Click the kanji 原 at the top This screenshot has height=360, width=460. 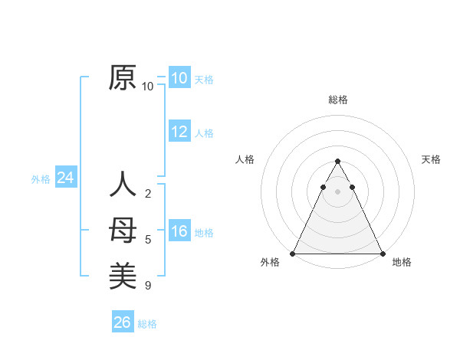click(x=123, y=78)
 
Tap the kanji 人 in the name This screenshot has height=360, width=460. click(x=123, y=185)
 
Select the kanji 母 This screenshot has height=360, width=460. click(x=123, y=231)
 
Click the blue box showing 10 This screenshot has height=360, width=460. click(x=179, y=78)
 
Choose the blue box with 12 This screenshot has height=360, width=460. click(x=179, y=132)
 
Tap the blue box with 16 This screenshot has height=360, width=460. click(x=179, y=231)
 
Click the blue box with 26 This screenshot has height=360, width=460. click(x=122, y=322)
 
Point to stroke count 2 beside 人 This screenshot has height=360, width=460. click(x=148, y=194)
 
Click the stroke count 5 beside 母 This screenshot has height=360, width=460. click(x=148, y=240)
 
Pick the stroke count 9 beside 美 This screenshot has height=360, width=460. click(x=148, y=286)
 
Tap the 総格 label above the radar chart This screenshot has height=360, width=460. click(x=338, y=100)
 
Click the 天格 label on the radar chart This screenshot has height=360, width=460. click(x=432, y=159)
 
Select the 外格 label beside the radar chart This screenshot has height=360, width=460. click(x=270, y=262)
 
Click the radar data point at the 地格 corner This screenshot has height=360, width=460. click(x=382, y=254)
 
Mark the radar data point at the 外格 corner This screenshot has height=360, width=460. click(x=293, y=254)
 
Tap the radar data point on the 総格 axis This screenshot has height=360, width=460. click(x=337, y=161)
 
